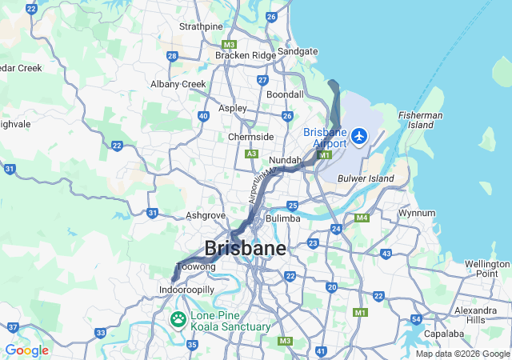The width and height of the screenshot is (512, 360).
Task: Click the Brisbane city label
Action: coord(245,248)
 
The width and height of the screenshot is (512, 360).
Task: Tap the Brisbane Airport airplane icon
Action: coord(358,136)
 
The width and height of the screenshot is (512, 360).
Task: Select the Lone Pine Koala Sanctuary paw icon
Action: coord(178,320)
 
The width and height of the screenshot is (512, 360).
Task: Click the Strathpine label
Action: coord(201,26)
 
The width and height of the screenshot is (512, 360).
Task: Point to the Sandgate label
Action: coord(298,51)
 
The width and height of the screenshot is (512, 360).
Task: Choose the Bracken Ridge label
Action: coord(245,55)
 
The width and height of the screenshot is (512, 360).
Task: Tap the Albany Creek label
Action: coord(178,84)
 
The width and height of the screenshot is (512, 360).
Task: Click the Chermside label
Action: coord(250,137)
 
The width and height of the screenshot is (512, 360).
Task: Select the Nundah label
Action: coord(284,160)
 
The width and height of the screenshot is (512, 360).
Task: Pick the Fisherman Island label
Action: coord(420,120)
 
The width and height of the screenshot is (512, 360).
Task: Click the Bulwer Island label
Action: coord(366,178)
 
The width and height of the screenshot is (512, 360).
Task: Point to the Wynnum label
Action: coord(417,213)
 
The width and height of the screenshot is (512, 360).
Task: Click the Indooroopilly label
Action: coord(187,289)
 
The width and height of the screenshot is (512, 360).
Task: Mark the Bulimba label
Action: coord(282,218)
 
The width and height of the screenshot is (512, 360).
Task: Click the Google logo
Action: coord(26,350)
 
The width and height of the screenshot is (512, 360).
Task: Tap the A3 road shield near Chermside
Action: coord(252,154)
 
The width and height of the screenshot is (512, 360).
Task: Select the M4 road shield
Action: coord(362,218)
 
